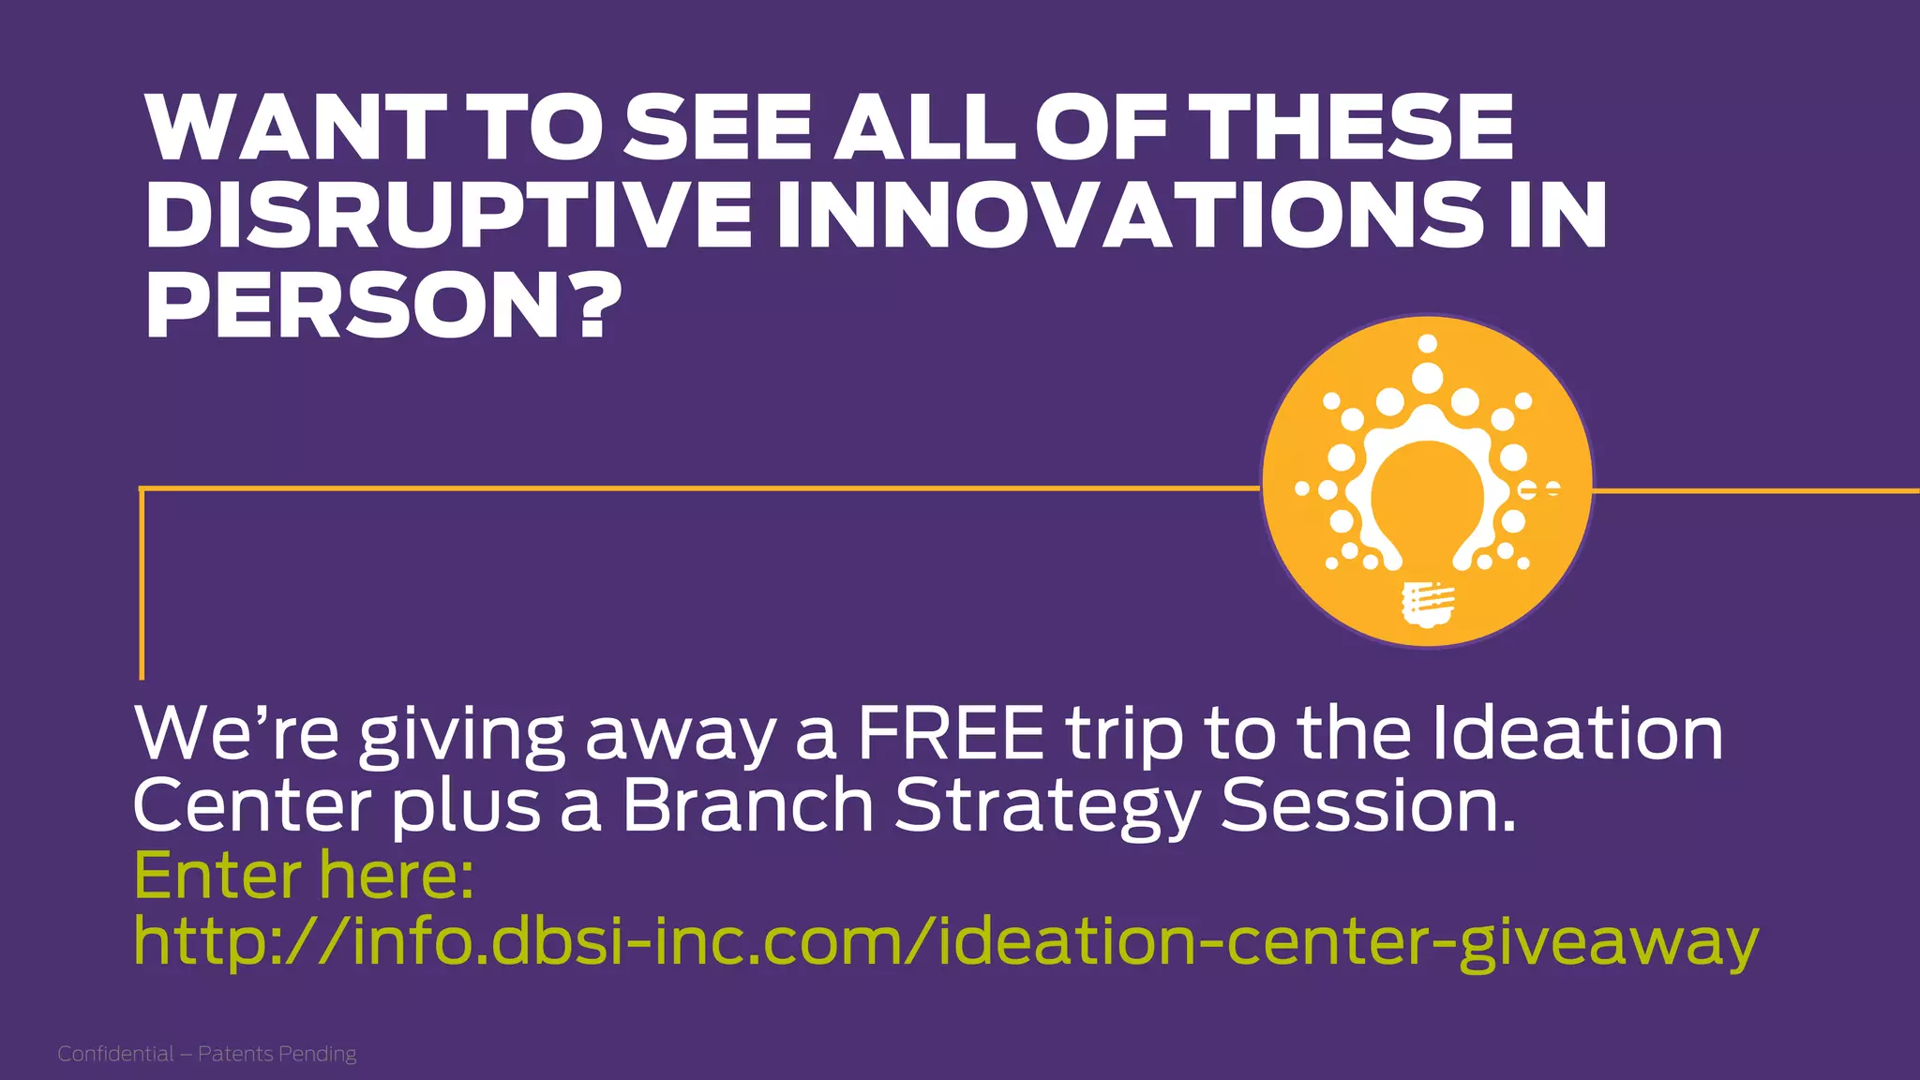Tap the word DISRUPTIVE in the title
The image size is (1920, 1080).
(448, 217)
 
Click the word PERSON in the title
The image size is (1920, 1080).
(352, 307)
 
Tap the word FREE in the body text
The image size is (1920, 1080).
(950, 734)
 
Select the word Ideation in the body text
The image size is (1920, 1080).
(1577, 734)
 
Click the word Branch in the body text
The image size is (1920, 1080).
(747, 805)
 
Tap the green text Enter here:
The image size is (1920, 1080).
(304, 876)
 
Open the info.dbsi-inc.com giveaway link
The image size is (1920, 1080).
(945, 942)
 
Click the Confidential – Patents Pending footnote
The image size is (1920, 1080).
(207, 1054)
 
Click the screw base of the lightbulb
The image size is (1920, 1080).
(1426, 605)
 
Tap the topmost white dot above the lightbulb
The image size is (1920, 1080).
(1427, 343)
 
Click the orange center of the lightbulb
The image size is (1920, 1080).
(1427, 497)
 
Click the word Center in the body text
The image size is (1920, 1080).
(252, 806)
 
